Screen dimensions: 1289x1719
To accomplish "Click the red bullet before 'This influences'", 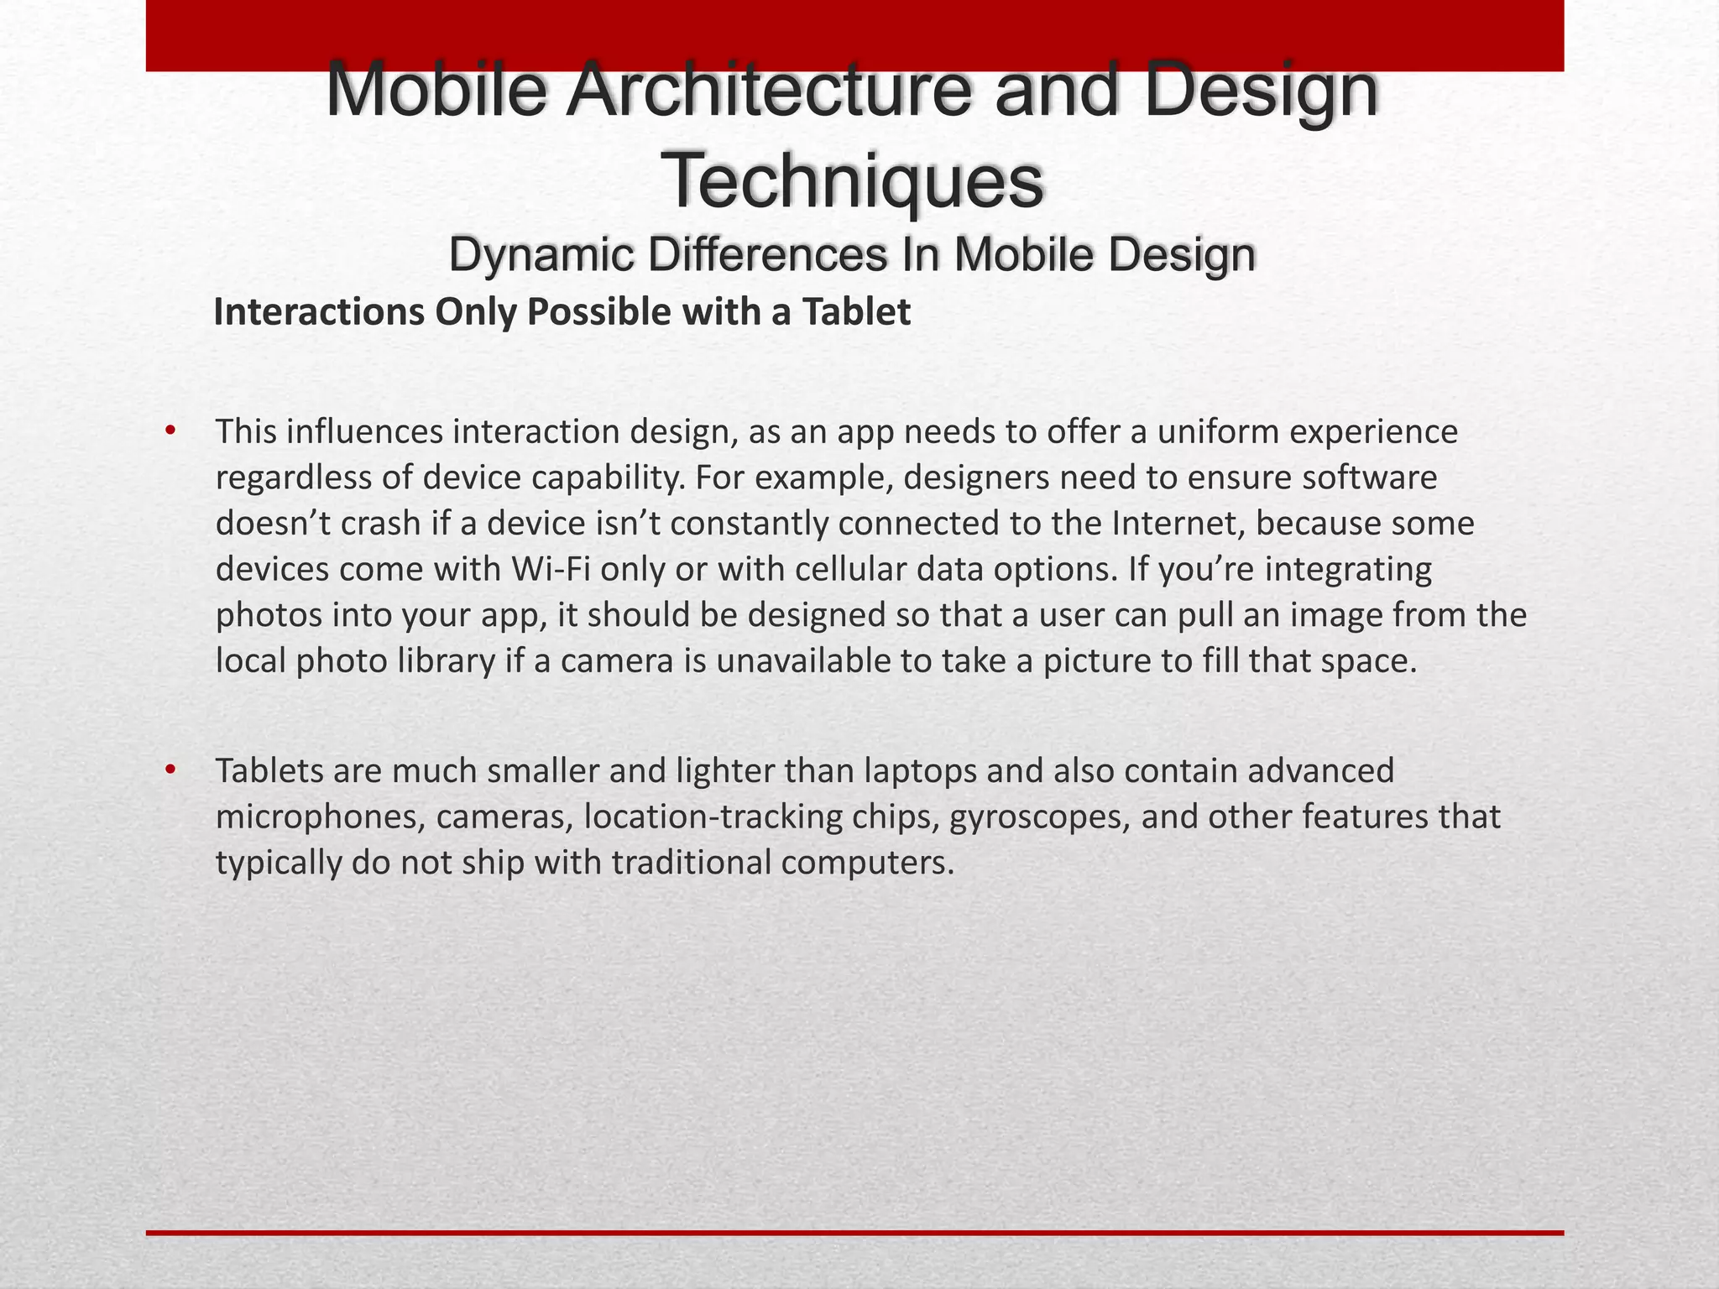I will pyautogui.click(x=171, y=431).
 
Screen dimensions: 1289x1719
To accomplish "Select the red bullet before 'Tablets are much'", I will pyautogui.click(x=171, y=770).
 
